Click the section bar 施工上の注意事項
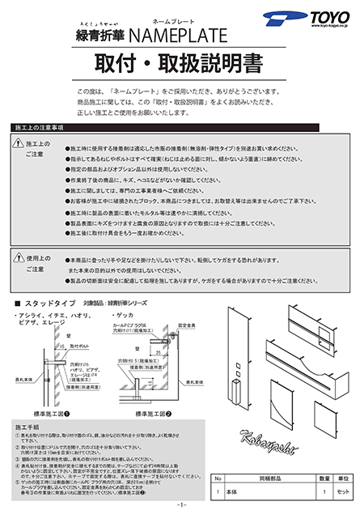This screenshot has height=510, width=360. pyautogui.click(x=40, y=129)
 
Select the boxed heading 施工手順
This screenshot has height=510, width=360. pyautogui.click(x=28, y=424)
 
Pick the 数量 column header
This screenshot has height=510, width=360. pyautogui.click(x=321, y=478)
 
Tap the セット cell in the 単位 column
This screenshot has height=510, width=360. pyautogui.click(x=343, y=491)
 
